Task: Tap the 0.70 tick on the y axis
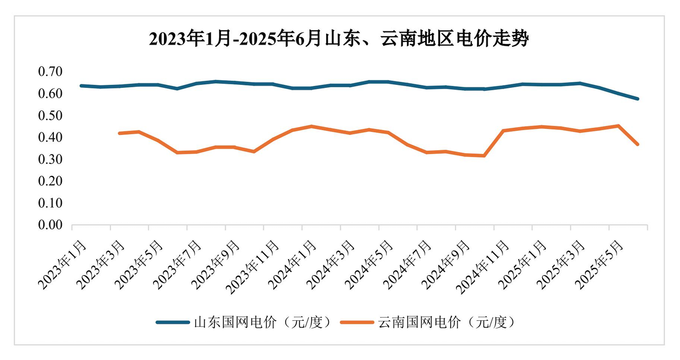click(x=50, y=72)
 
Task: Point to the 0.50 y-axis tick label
click(x=50, y=116)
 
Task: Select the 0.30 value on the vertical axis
click(x=50, y=160)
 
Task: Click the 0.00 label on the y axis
click(x=50, y=225)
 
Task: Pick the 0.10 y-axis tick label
click(x=50, y=203)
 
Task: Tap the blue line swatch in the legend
click(x=173, y=323)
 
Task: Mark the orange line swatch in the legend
click(x=357, y=323)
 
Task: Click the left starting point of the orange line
click(x=119, y=133)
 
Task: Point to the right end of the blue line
click(x=638, y=99)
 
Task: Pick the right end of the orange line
click(x=638, y=144)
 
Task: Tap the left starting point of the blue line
click(x=81, y=86)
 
